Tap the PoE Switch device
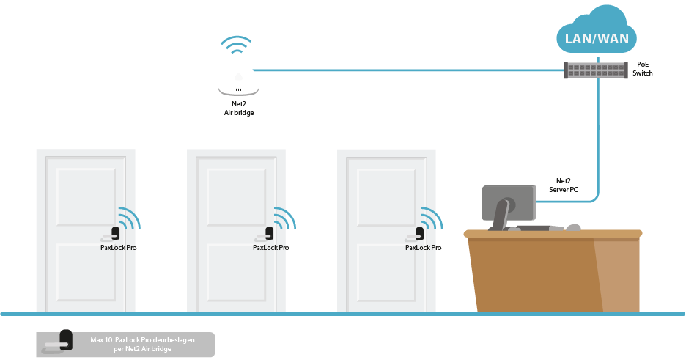[595, 70]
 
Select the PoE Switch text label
[643, 69]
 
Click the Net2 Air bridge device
[238, 82]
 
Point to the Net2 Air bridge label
[239, 108]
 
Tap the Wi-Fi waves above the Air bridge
[236, 45]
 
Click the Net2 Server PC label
[564, 185]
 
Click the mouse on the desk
[573, 227]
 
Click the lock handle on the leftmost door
[111, 235]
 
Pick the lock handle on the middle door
[265, 235]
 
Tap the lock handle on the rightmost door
[415, 235]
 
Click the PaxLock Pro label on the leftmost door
[119, 248]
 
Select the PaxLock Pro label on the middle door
[271, 248]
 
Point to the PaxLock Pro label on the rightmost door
[423, 248]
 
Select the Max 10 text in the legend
[101, 340]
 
